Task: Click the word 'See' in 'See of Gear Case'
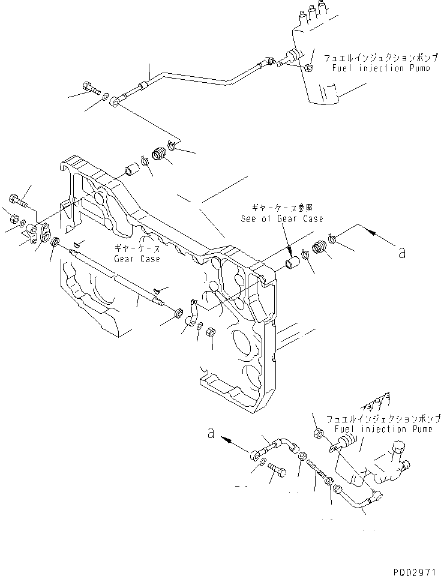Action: point(250,219)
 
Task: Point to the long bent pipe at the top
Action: point(198,76)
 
